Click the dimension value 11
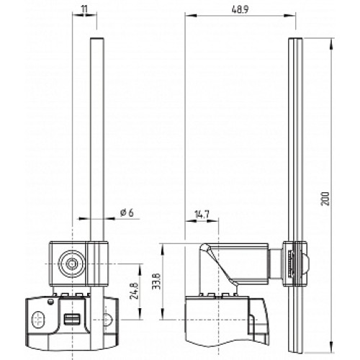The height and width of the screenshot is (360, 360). pos(84,9)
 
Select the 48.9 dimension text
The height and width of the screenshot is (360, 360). pos(240,9)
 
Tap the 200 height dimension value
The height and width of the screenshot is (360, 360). pos(325,198)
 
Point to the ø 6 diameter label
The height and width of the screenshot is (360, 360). pos(127,212)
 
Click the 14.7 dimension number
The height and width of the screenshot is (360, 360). pos(202,215)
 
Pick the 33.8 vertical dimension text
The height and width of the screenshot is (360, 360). pos(156,281)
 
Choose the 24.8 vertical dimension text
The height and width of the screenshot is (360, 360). pos(134,291)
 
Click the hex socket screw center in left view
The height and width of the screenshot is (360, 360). pos(71,264)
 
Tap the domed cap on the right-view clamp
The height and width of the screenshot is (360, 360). pos(306,264)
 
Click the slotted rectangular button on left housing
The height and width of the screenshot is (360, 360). pos(71,319)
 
